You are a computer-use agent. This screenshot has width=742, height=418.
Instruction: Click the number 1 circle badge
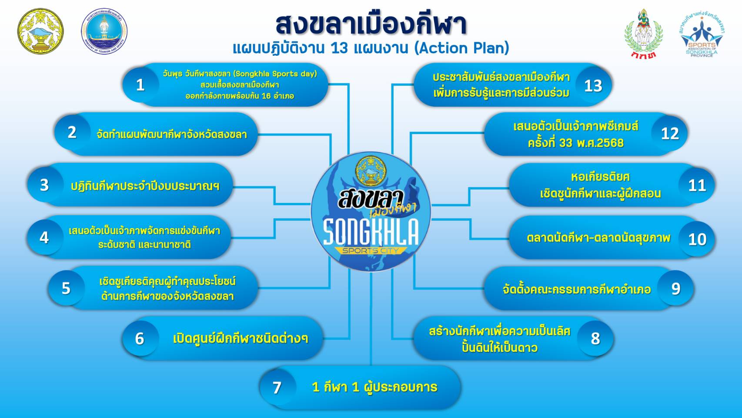[x=140, y=85]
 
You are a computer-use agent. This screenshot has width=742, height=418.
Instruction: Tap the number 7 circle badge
[x=277, y=388]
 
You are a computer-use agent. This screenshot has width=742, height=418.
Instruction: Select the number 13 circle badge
[x=593, y=86]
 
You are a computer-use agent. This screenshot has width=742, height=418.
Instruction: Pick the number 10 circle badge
[x=697, y=239]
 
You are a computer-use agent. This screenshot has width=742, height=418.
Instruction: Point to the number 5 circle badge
[x=66, y=288]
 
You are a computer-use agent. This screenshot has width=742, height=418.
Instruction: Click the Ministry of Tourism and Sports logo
[x=104, y=31]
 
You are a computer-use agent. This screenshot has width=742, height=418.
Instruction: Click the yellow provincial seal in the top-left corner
[x=40, y=31]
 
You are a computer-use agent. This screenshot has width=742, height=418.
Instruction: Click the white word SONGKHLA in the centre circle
[x=371, y=232]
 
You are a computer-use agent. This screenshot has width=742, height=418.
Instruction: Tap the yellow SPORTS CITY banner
[x=370, y=250]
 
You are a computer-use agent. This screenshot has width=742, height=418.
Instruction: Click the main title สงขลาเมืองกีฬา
[x=371, y=25]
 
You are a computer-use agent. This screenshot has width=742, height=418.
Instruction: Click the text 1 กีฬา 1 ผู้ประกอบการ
[x=374, y=387]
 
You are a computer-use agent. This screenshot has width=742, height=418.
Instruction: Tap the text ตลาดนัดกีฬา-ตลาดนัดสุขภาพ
[x=598, y=238]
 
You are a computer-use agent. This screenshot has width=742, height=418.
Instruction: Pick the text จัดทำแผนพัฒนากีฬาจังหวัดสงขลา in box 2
[x=172, y=135]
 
